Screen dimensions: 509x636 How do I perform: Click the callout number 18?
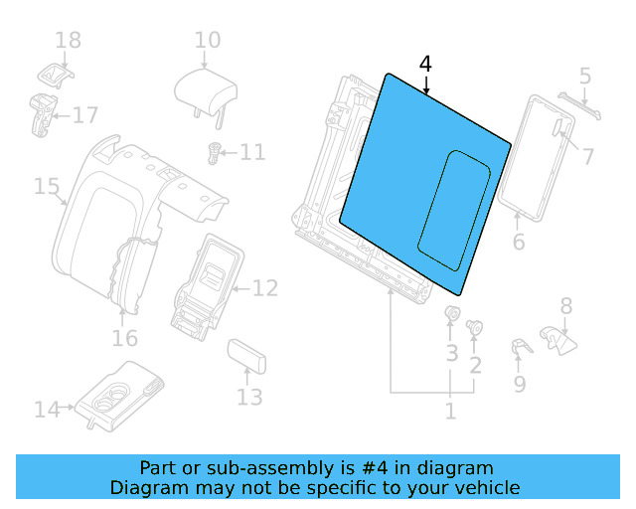[68, 40]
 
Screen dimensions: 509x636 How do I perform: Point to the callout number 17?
[85, 115]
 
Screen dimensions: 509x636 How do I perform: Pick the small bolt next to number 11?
[213, 153]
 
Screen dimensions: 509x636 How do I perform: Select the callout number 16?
[124, 339]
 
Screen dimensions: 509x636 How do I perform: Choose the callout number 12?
[264, 289]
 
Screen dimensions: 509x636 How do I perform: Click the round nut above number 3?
[452, 317]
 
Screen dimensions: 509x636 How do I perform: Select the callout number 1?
[450, 411]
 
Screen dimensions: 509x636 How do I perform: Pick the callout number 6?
[518, 243]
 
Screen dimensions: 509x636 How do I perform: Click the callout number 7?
[588, 156]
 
